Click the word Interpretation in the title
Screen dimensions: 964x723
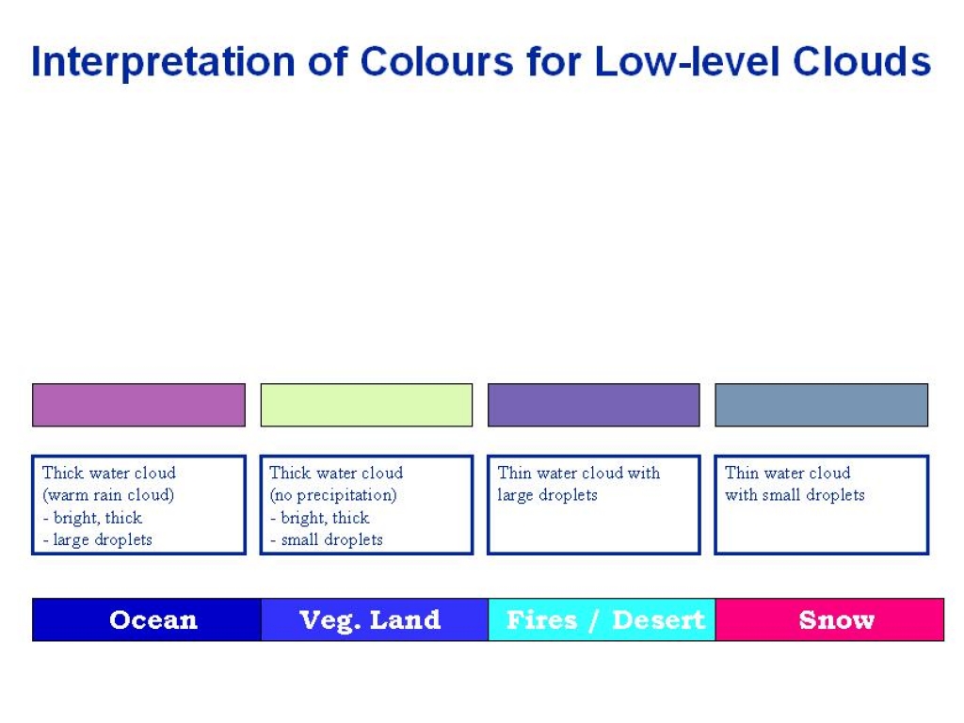coord(163,62)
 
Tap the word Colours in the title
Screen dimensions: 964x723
coord(436,61)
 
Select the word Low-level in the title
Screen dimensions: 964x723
coord(688,61)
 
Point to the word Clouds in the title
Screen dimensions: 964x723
coord(862,61)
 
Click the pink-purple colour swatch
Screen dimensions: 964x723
coord(139,405)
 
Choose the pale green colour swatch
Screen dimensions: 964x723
coord(366,405)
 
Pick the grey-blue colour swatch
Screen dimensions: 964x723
coord(821,405)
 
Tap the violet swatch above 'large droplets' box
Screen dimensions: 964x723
coord(594,405)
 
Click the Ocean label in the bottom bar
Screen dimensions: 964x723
coord(153,619)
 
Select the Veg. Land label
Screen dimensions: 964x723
coord(370,620)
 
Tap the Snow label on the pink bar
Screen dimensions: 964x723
coord(837,619)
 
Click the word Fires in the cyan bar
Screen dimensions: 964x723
coord(541,619)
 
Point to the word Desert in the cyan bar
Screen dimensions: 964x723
coord(658,619)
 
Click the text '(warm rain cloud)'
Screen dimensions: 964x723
coord(108,495)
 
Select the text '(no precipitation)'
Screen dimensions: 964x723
coord(333,495)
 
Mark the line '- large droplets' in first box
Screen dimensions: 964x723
coord(98,539)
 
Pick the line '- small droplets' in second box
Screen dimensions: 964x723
coord(327,539)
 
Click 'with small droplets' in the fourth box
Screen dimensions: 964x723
coord(795,495)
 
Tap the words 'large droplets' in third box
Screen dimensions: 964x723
coord(547,495)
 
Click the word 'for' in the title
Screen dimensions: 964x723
coord(554,61)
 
